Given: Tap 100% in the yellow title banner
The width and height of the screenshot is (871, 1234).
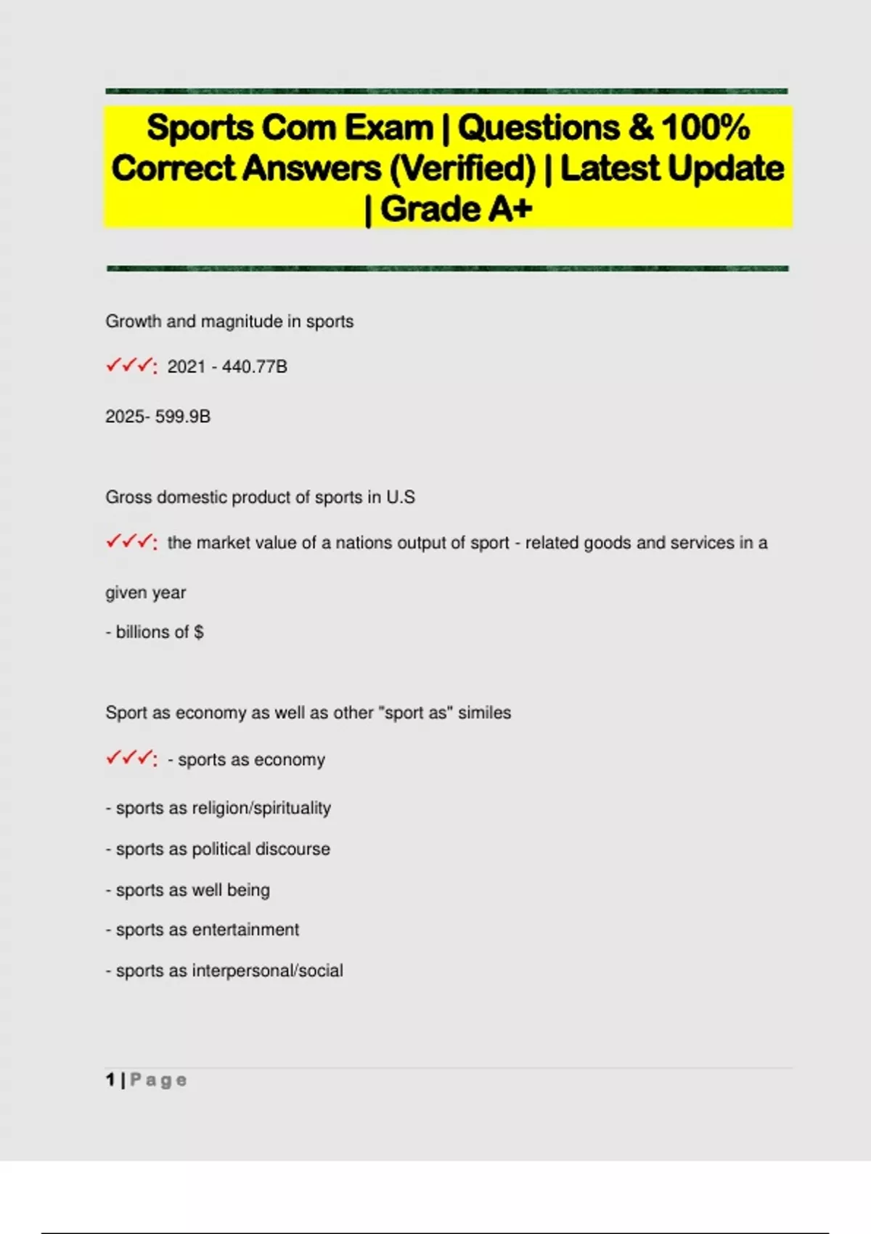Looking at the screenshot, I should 706,128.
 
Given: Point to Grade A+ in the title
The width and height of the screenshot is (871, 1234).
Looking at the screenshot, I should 456,209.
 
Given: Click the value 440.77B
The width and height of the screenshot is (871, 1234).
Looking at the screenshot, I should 255,367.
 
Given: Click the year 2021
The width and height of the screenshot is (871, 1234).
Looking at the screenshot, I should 187,367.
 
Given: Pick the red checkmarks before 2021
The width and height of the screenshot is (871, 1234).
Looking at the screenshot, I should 131,365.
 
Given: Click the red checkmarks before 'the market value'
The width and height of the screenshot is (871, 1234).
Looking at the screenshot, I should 131,542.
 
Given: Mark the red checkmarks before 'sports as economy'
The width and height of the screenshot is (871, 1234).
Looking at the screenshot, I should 131,759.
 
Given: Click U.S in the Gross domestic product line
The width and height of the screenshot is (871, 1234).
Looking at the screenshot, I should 401,497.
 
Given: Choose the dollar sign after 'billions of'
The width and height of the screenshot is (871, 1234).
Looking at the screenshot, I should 199,632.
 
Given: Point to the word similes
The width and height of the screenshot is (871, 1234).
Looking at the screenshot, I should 484,713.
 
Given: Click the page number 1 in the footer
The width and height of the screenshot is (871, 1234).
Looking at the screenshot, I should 110,1080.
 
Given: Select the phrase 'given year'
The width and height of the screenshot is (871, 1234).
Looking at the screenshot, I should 146,592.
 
